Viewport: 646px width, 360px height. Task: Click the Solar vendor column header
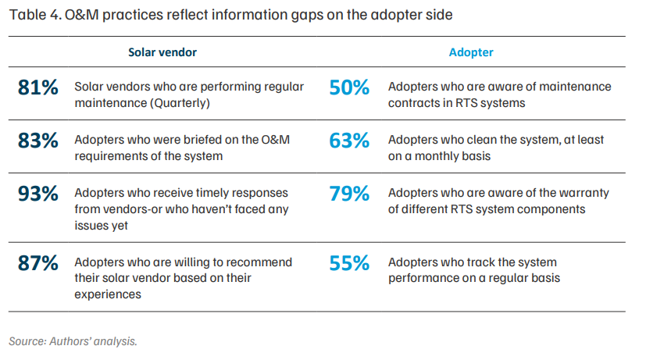(x=162, y=52)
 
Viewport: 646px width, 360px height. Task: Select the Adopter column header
(x=471, y=52)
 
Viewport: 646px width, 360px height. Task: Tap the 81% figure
(x=38, y=87)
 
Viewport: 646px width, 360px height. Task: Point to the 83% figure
(x=38, y=141)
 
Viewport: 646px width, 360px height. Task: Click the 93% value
(x=38, y=194)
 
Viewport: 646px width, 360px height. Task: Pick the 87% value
(x=38, y=263)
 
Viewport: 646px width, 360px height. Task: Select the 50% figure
(x=349, y=87)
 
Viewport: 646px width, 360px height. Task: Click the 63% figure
(x=349, y=141)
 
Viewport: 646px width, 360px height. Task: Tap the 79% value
(x=349, y=194)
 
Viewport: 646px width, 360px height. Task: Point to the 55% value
(x=349, y=263)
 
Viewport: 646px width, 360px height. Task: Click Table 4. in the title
(x=35, y=15)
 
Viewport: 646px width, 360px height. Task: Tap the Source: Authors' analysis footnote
(x=73, y=341)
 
